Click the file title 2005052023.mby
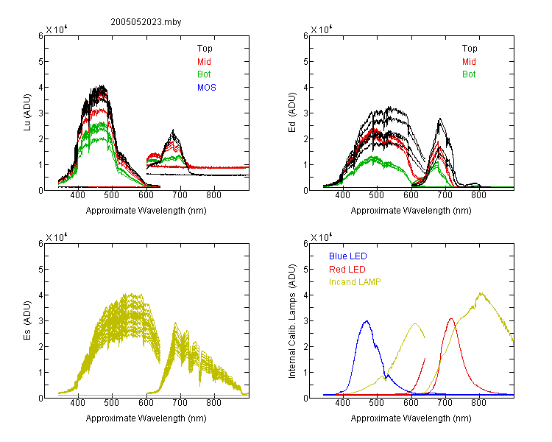[x=146, y=22]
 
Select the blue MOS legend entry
[x=207, y=88]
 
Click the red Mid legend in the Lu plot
[x=204, y=62]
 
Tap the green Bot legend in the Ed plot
[x=469, y=74]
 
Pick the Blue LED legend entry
[x=348, y=256]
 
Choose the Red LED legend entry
[x=347, y=270]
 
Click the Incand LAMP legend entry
[x=355, y=282]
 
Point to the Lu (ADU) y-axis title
[x=27, y=112]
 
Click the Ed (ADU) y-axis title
[x=292, y=112]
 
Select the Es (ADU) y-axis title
[x=27, y=320]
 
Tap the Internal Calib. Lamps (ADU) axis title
[x=292, y=320]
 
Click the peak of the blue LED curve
[x=367, y=321]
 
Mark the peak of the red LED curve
[x=451, y=319]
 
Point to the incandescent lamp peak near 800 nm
[x=481, y=293]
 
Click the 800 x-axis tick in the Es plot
[x=213, y=403]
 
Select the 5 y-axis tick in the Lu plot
[x=40, y=61]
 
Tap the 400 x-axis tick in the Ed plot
[x=342, y=195]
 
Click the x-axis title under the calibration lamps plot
[x=411, y=418]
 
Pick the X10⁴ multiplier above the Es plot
[x=57, y=237]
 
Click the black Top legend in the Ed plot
[x=470, y=49]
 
